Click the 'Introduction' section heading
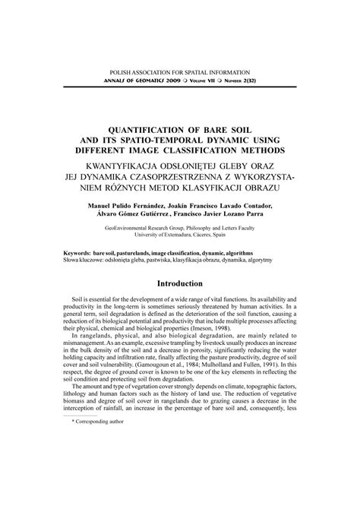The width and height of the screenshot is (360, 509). [179, 283]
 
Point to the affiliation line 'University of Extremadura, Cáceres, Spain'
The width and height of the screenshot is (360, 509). [179, 234]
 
